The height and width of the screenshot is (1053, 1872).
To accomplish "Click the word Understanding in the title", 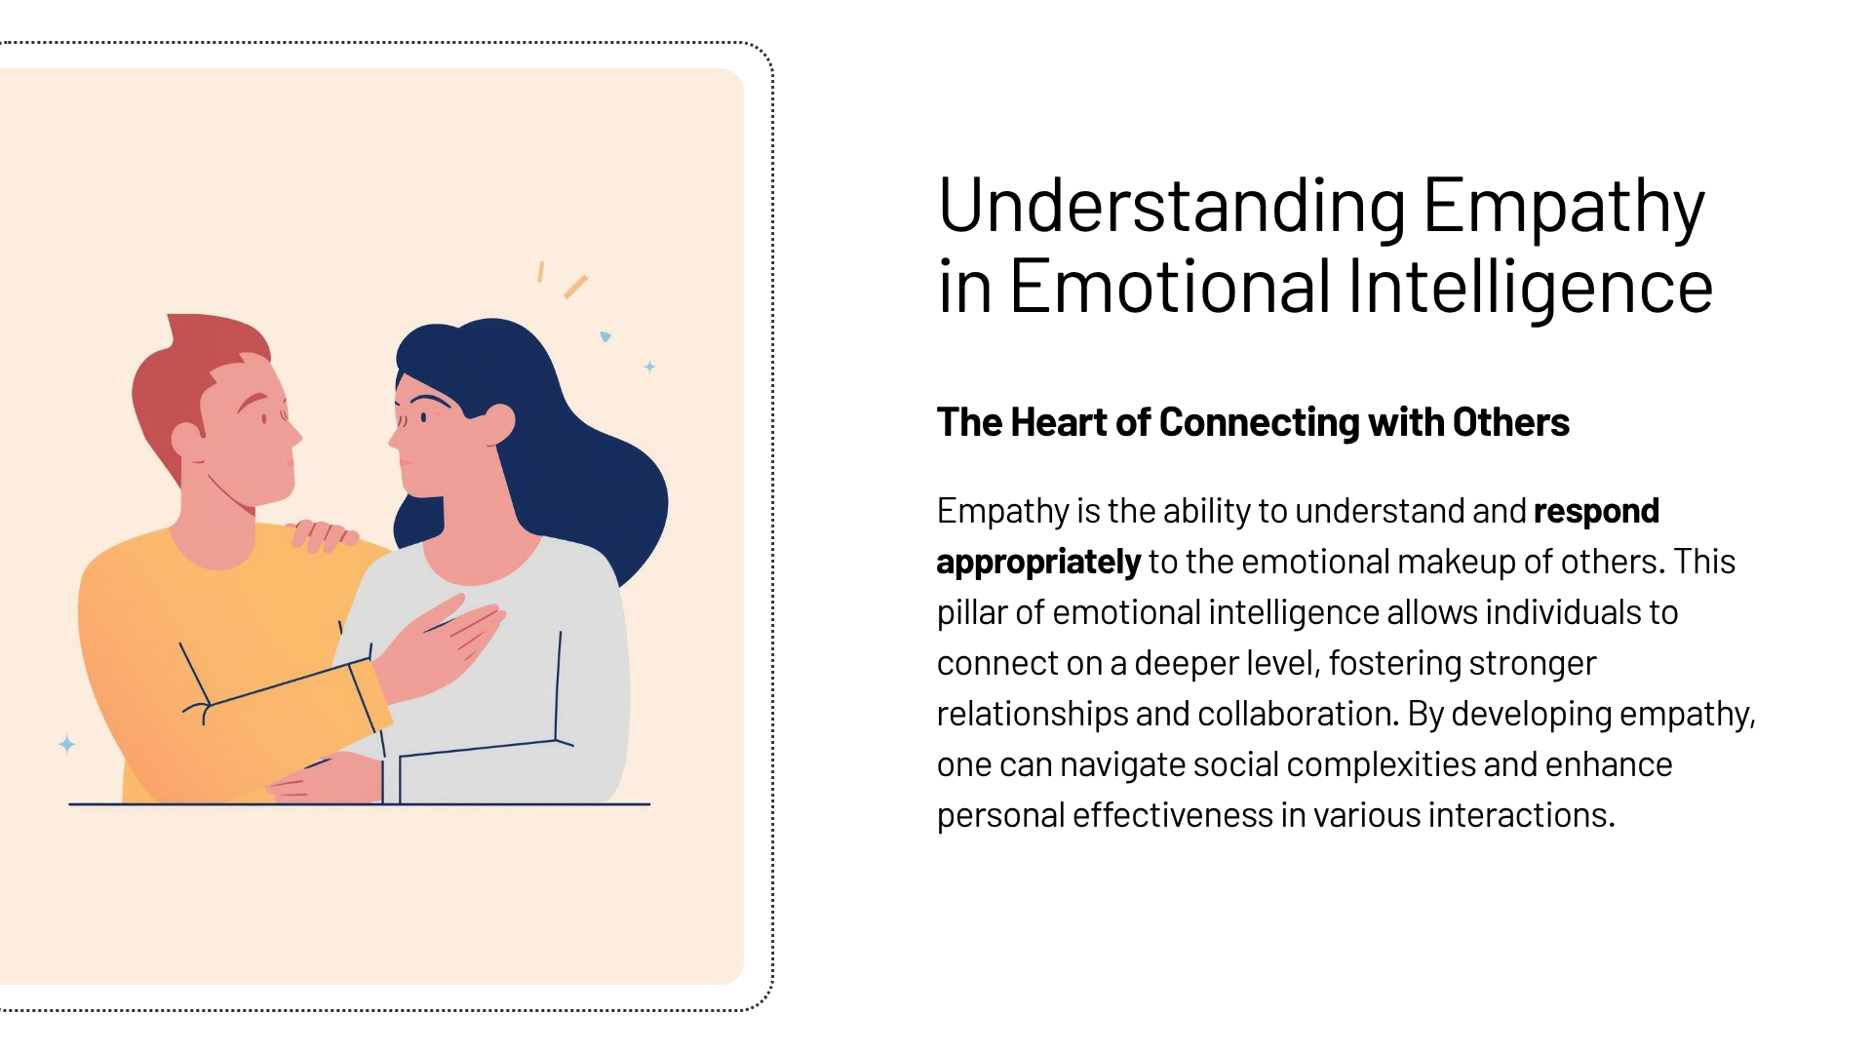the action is (x=1172, y=206).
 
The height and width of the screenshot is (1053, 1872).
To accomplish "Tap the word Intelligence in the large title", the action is (x=1530, y=287).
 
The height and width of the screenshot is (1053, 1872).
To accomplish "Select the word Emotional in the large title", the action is (x=1170, y=287).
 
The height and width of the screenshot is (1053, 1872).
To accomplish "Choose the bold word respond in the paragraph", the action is (x=1596, y=512).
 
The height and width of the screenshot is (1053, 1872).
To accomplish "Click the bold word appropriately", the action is (x=1038, y=563).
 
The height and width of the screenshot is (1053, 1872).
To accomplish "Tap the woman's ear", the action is (x=499, y=423).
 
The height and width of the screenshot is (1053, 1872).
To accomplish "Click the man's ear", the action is (x=188, y=439).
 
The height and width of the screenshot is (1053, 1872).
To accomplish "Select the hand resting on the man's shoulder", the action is (x=323, y=535).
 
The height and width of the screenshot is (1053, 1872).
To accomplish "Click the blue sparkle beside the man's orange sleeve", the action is (x=66, y=745).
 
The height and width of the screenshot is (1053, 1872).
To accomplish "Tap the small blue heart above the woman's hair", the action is (x=605, y=336).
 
